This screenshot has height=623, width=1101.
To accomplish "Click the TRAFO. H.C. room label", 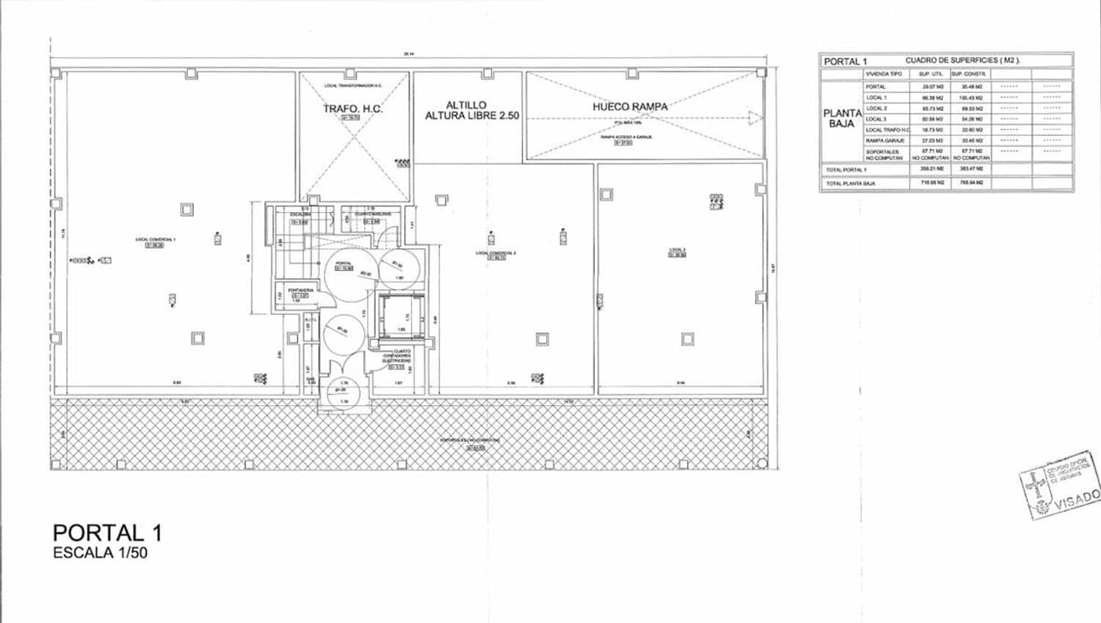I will coord(353,109).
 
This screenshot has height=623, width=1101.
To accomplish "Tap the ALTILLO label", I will coord(466,105).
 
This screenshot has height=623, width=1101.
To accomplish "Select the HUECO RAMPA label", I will coord(630,106).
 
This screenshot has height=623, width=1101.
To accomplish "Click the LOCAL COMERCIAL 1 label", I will coord(155,239).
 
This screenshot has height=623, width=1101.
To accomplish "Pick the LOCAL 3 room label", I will coord(677,250).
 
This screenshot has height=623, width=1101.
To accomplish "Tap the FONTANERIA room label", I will coord(300,291).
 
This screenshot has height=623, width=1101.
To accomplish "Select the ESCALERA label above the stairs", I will coord(300,214).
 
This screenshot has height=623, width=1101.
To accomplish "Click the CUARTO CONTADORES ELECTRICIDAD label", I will coord(397,356).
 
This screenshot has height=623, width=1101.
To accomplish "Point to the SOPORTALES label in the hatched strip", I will coord(470,440).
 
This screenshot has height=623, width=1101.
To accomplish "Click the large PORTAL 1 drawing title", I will coord(107,533).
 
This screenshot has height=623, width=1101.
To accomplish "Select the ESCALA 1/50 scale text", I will coord(100,553).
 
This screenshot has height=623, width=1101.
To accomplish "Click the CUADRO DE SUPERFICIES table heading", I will coord(962,61).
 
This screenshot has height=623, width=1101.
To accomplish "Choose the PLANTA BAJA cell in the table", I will coord(842,118).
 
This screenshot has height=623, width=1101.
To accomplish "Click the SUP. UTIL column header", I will coord(930,74).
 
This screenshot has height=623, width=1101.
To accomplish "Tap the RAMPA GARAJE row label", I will coord(884,140).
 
